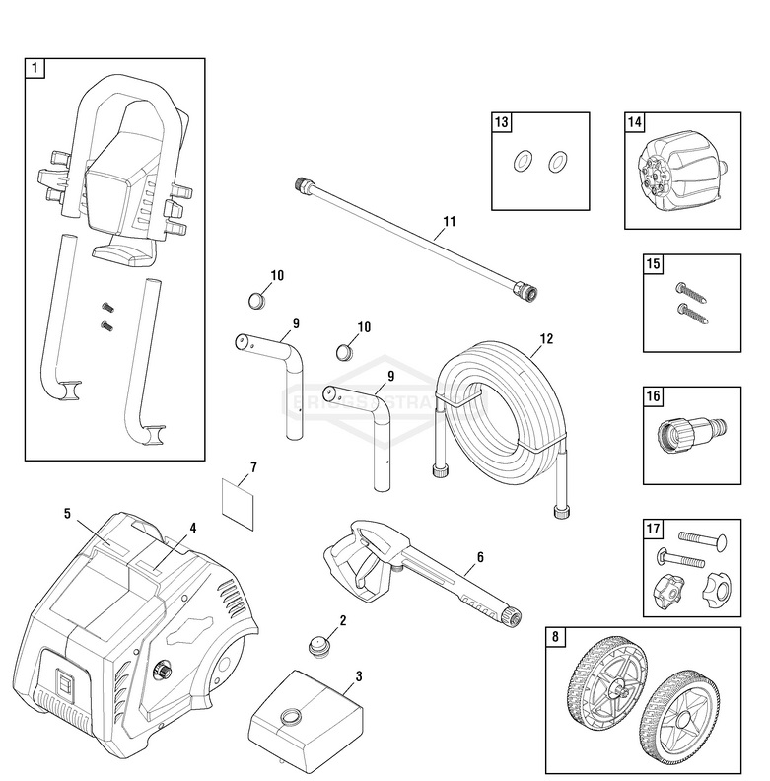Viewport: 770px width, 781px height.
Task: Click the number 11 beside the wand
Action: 449,222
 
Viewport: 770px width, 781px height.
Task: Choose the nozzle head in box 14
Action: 676,177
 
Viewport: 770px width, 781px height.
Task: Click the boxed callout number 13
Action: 503,123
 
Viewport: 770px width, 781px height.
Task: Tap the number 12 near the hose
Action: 546,339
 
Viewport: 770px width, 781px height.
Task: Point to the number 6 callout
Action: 479,558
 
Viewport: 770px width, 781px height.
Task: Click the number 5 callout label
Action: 68,513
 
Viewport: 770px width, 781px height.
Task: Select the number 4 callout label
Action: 193,528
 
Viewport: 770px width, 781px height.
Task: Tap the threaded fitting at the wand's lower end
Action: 530,292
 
